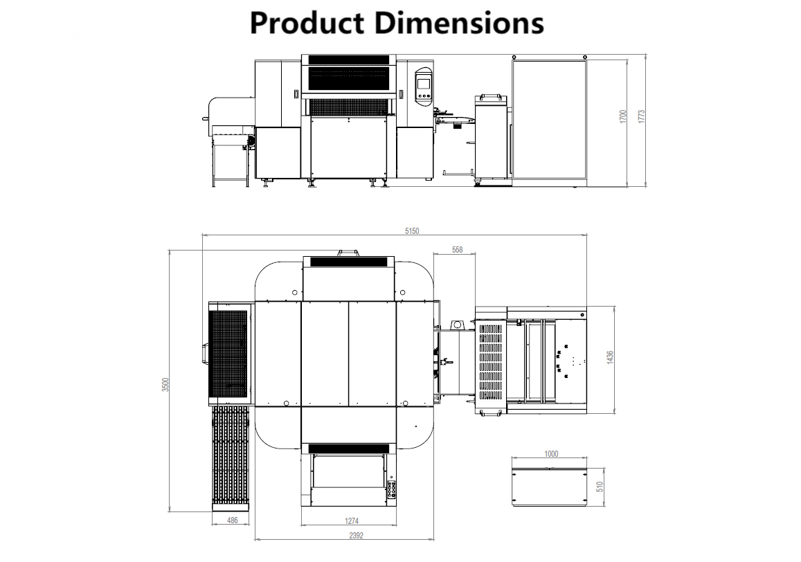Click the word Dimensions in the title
point(458,23)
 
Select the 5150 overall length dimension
point(413,230)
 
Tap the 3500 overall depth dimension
point(165,385)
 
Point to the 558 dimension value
point(457,250)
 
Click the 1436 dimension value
point(610,357)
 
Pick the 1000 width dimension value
point(551,454)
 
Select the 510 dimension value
point(600,487)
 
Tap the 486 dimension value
point(233,520)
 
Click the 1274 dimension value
point(352,520)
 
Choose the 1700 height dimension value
point(622,116)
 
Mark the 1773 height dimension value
point(642,116)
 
